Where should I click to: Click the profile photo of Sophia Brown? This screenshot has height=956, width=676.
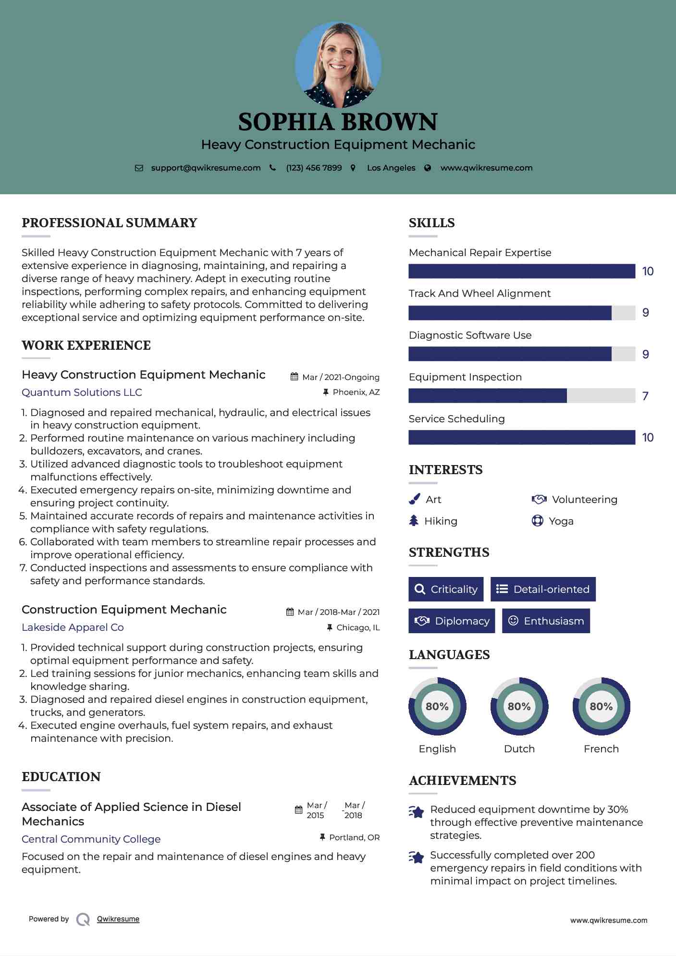(x=338, y=64)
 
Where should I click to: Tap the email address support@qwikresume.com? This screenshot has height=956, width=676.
(x=206, y=168)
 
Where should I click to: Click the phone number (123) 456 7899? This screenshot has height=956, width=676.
(x=314, y=168)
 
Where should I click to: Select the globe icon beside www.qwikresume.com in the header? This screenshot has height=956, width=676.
(x=428, y=168)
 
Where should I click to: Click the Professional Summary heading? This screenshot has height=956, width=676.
(x=110, y=223)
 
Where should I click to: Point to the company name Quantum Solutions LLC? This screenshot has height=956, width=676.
(x=82, y=392)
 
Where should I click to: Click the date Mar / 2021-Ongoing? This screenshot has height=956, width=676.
(x=341, y=378)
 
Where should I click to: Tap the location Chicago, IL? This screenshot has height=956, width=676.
(x=358, y=627)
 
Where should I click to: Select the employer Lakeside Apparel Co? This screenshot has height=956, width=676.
(x=73, y=627)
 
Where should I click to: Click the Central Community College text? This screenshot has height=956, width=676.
(x=91, y=839)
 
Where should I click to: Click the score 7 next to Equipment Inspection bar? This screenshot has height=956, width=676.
(x=645, y=396)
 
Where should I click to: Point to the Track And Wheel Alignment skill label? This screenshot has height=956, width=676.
(x=479, y=294)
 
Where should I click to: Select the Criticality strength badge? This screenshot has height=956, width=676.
(x=446, y=589)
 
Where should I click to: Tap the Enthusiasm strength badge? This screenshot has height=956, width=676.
(x=546, y=621)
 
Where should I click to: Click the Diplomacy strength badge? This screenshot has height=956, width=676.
(x=452, y=621)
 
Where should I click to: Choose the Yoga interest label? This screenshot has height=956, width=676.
(x=561, y=521)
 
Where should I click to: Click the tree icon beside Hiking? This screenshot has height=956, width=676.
(x=414, y=521)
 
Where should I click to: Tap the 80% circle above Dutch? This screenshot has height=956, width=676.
(x=519, y=706)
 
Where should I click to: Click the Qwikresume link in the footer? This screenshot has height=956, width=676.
(x=118, y=919)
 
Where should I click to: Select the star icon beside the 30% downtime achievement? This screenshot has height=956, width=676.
(x=417, y=812)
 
